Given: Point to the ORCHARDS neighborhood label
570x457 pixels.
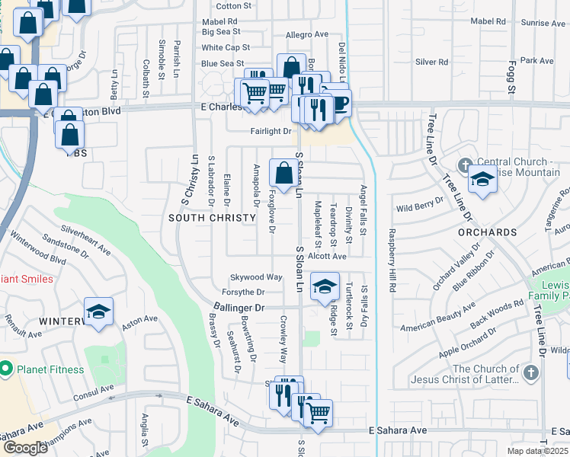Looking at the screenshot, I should tap(488, 232).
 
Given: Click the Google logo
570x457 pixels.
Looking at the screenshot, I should tap(24, 447).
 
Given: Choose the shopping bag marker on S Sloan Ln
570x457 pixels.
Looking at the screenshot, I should tap(283, 174).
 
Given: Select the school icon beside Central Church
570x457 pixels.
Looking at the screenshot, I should tap(482, 180).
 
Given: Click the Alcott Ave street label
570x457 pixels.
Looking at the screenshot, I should tap(327, 257).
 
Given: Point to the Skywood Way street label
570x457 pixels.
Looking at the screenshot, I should tap(257, 277).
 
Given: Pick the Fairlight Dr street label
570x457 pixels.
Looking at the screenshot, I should tap(272, 132).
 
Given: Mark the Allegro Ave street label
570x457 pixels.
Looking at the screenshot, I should tap(306, 35).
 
